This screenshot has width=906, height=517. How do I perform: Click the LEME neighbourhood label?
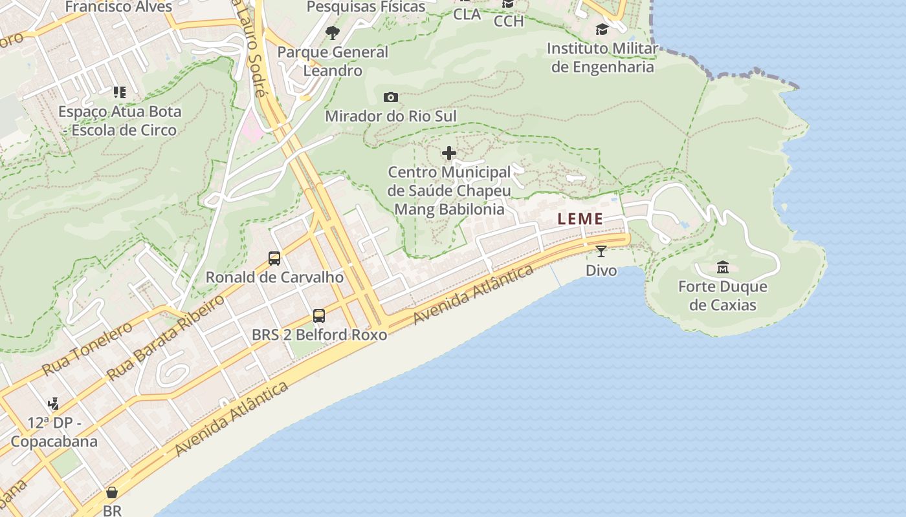[580, 219]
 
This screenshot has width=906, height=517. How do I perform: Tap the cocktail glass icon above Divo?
[601, 251]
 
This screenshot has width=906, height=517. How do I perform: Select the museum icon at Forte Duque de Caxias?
[723, 267]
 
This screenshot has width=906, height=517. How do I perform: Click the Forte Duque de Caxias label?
[723, 295]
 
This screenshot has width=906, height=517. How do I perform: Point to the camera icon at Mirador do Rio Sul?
[391, 98]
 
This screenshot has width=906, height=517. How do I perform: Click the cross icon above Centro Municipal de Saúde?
[449, 153]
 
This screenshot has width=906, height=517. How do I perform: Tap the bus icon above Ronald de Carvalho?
[274, 258]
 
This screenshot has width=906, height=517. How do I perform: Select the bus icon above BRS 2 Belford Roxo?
[319, 316]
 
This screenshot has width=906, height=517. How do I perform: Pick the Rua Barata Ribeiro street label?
[166, 337]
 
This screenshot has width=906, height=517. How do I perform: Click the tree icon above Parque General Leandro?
[333, 32]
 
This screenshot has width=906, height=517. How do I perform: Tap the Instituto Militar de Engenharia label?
[602, 58]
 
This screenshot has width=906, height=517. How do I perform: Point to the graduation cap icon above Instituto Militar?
[602, 29]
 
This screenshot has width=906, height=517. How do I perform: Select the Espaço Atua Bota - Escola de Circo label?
[120, 121]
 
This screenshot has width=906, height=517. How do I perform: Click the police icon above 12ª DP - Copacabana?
[53, 404]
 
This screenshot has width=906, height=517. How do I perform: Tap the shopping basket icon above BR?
[112, 493]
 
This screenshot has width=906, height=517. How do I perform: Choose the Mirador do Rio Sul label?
[391, 116]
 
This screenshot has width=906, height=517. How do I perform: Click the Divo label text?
[601, 270]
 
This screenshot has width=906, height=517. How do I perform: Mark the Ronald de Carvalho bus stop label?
[274, 277]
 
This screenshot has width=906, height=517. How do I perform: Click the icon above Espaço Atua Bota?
[119, 92]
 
